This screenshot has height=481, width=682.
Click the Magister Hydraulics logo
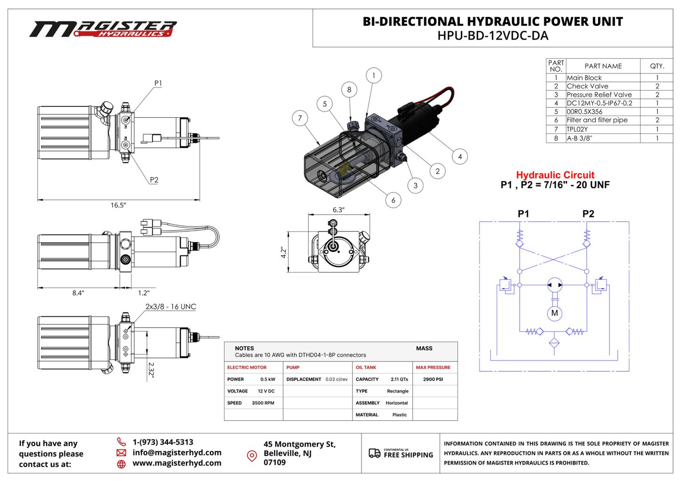pyautogui.click(x=103, y=29)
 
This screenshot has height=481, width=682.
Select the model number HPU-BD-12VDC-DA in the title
pyautogui.click(x=492, y=36)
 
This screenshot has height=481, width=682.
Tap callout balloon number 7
pyautogui.click(x=300, y=118)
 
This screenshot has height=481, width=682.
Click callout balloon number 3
pyautogui.click(x=415, y=185)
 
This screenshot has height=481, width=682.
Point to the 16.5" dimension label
pyautogui.click(x=118, y=205)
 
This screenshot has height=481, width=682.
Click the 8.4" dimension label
pyautogui.click(x=78, y=293)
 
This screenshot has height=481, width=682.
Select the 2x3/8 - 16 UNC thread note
pyautogui.click(x=170, y=306)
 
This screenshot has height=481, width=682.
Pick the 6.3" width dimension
pyautogui.click(x=338, y=210)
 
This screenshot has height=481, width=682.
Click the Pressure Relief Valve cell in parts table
pyautogui.click(x=599, y=95)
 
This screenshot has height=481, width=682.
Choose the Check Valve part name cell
pyautogui.click(x=587, y=86)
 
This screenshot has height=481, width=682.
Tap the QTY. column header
pyautogui.click(x=657, y=66)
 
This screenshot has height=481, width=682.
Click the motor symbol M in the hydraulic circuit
pyautogui.click(x=554, y=313)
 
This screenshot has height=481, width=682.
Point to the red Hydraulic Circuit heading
pyautogui.click(x=555, y=175)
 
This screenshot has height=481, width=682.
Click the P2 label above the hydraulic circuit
pyautogui.click(x=588, y=214)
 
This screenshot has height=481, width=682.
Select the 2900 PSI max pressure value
pyautogui.click(x=433, y=379)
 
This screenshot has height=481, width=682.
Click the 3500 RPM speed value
pyautogui.click(x=263, y=403)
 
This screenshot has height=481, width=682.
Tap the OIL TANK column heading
pyautogui.click(x=366, y=368)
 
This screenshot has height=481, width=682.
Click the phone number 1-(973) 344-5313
pyautogui.click(x=163, y=442)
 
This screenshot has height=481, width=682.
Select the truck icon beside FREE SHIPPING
pyautogui.click(x=374, y=453)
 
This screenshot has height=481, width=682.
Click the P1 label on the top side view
pyautogui.click(x=158, y=83)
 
